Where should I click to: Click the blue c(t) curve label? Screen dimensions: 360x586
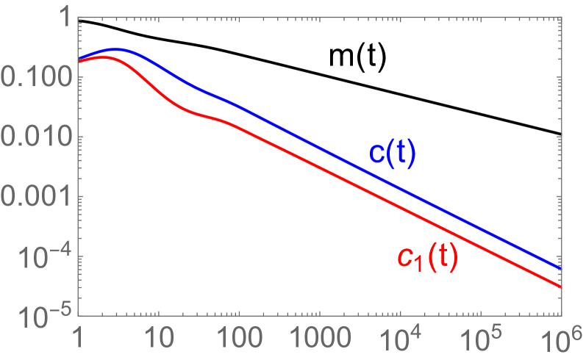pos(393,155)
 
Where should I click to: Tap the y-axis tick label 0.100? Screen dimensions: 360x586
pos(37,78)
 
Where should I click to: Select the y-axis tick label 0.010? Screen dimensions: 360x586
pos(37,137)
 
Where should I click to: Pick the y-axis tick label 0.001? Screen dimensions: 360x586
pos(37,197)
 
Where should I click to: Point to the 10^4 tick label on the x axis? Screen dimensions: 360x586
pos(401,340)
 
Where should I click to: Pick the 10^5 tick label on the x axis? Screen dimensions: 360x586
pos(482,340)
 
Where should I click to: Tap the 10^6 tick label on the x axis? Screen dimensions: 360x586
pos(560,340)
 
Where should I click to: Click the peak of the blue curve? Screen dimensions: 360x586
pos(115,50)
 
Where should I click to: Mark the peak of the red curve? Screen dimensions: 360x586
pos(105,57)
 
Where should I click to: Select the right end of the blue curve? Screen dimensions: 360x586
pos(561,268)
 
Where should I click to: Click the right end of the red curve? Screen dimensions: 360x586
pos(561,287)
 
